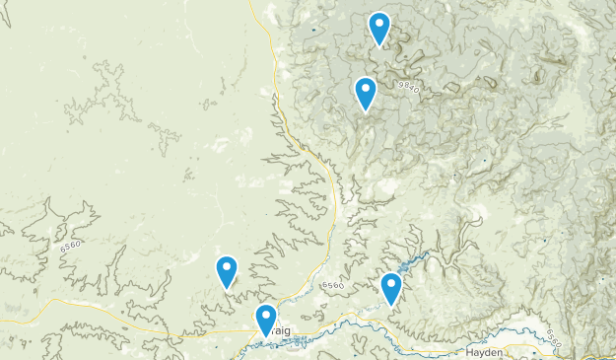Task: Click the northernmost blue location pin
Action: point(379,28)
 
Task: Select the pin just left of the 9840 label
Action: point(366,93)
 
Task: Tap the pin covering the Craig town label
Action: point(265,320)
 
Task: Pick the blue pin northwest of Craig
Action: point(227,270)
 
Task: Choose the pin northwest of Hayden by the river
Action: point(391,287)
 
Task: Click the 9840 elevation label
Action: point(409,87)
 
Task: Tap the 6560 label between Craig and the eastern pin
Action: point(333,286)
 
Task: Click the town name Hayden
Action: point(485,352)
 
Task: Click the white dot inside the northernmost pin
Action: point(379,23)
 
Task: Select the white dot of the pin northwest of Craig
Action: point(227,265)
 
